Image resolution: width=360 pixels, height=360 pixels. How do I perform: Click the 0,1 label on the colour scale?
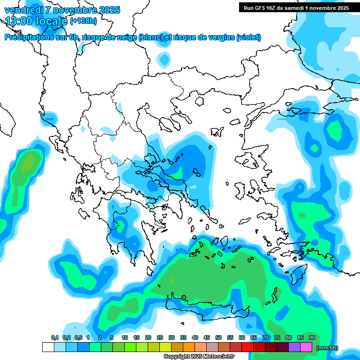pyautogui.click(x=55, y=337)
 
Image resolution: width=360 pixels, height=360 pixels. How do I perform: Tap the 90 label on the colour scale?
pyautogui.click(x=312, y=337)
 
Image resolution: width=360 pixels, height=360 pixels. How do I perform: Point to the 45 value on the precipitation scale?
pyautogui.click(x=207, y=337)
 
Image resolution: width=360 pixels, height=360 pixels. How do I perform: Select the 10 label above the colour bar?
pyautogui.click(x=125, y=337)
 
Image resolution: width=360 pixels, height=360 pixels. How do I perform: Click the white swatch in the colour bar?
pyautogui.click(x=48, y=347)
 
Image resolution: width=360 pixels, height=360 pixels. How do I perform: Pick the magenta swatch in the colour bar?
pyautogui.click(x=306, y=347)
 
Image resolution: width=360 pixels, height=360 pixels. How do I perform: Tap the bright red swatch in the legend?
pyautogui.click(x=247, y=347)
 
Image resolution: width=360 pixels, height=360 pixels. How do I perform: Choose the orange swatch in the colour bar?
pyautogui.click(x=189, y=347)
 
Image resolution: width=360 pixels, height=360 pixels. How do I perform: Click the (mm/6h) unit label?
pyautogui.click(x=327, y=348)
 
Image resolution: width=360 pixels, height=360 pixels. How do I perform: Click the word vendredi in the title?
pyautogui.click(x=22, y=10)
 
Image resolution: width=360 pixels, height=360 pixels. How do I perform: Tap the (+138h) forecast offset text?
pyautogui.click(x=83, y=21)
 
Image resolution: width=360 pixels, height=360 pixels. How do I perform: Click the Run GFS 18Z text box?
pyautogui.click(x=296, y=7)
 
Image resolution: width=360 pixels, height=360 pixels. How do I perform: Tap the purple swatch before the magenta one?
pyautogui.click(x=294, y=347)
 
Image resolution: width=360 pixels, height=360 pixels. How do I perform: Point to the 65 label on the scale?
pyautogui.click(x=254, y=337)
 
